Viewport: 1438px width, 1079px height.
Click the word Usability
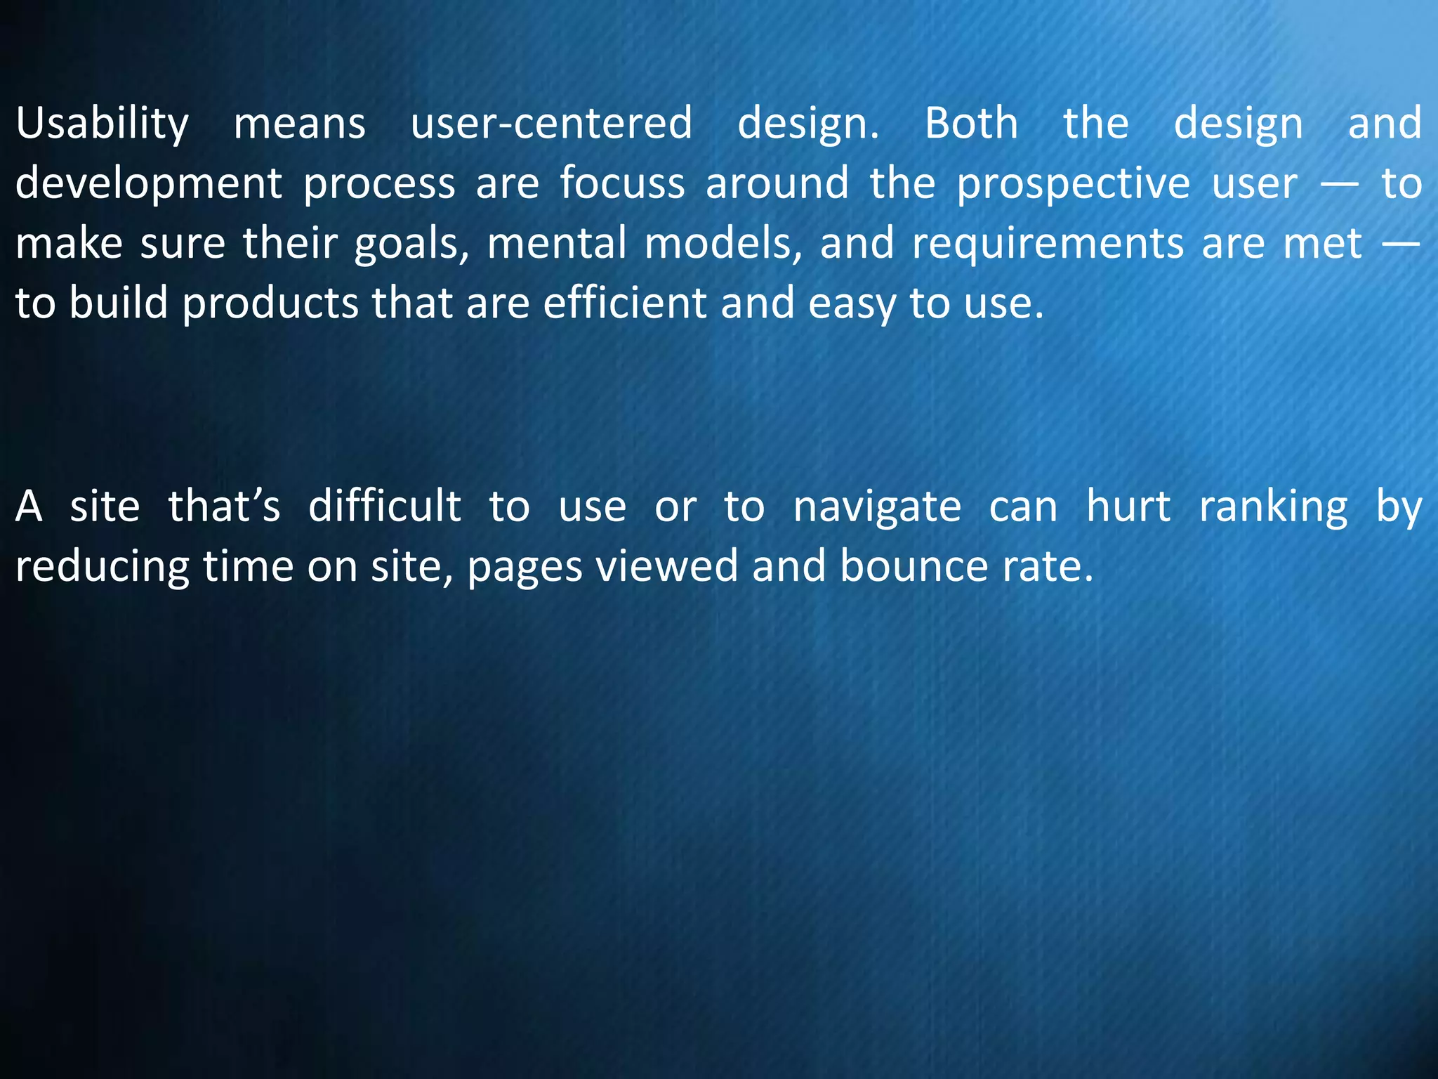103,124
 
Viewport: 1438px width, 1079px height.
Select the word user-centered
551,124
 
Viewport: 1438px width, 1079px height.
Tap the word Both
971,124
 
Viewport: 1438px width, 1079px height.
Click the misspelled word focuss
622,184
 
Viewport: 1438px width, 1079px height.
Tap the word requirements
1047,244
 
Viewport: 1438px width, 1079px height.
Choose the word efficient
624,303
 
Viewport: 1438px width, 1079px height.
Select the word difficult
385,506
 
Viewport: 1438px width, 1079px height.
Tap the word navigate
877,507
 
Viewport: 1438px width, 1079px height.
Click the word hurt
1128,506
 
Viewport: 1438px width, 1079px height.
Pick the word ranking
1273,507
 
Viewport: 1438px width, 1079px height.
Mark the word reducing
103,567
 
